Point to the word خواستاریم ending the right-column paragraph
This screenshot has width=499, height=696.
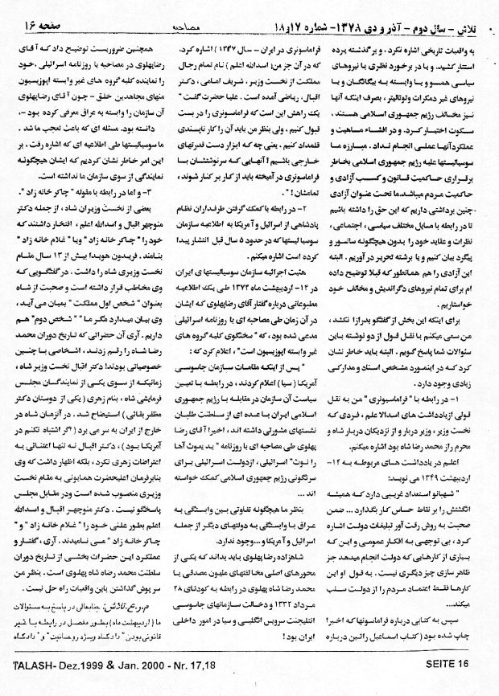pyautogui.click(x=458, y=306)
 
